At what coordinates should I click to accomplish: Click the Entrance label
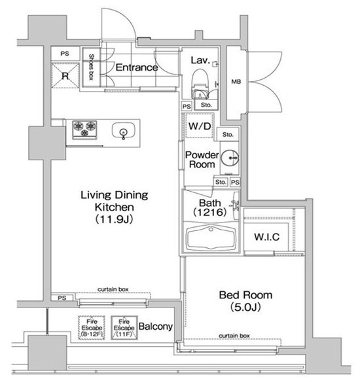click(x=137, y=67)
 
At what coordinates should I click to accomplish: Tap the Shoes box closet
click(x=91, y=67)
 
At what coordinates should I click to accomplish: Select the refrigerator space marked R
click(x=65, y=75)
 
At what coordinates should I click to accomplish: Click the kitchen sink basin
click(x=124, y=130)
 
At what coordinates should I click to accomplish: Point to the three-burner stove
click(x=84, y=130)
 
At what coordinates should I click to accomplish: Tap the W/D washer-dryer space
click(x=200, y=126)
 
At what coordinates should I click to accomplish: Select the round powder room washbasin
click(x=230, y=158)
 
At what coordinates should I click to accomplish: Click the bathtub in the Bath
click(x=211, y=238)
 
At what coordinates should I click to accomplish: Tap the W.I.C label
click(x=266, y=237)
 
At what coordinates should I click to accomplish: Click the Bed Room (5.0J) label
click(x=245, y=301)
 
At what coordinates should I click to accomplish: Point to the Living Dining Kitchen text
click(x=115, y=201)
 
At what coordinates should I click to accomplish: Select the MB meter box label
click(x=236, y=81)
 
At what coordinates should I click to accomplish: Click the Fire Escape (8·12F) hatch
click(x=92, y=328)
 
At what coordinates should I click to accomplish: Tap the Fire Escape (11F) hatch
click(x=124, y=328)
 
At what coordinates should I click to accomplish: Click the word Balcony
click(x=156, y=326)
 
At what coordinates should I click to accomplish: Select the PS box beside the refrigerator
click(x=65, y=54)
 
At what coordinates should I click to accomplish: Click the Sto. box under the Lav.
click(x=206, y=105)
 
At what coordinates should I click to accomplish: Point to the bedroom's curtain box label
click(x=234, y=336)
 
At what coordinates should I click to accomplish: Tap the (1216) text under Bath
click(x=209, y=212)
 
